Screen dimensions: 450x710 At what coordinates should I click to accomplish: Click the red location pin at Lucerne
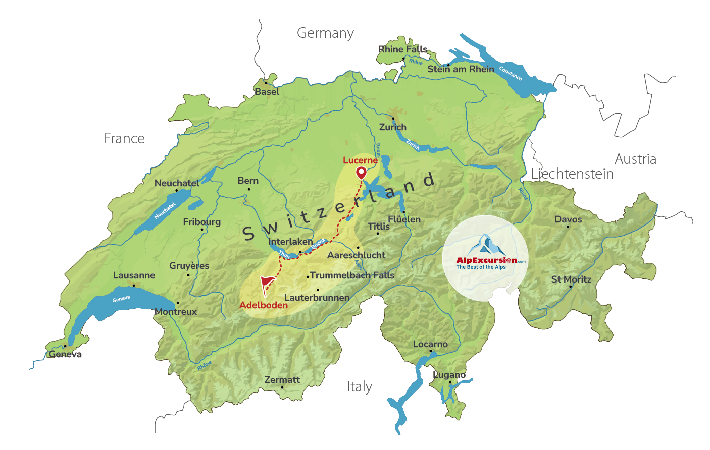pos(361,173)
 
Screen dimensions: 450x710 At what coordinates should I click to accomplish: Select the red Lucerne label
pos(360,160)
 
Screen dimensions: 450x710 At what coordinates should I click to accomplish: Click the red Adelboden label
pos(263,305)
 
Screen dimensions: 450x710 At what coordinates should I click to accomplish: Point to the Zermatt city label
pos(282,380)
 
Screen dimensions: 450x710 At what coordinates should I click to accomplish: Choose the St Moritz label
pos(571,279)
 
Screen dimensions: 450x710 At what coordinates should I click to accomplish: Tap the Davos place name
pos(568,219)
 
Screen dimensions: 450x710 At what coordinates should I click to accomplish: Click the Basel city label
pos(267,92)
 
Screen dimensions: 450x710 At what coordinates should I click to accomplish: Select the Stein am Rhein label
pos(461,69)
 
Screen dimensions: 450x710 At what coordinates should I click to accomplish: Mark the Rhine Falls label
pos(402,49)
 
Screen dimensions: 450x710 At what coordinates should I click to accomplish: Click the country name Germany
pos(325,33)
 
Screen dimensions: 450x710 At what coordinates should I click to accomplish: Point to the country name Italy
pos(359,387)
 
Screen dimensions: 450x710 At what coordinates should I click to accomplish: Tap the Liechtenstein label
pos(572,174)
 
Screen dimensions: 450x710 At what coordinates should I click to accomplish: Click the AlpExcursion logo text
pos(486,260)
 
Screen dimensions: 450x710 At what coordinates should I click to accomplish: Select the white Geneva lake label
pos(121,299)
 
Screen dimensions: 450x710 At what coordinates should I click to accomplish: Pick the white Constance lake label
pos(510,74)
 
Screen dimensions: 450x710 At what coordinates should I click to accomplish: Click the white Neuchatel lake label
pos(165,211)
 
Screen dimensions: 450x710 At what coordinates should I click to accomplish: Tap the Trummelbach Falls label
pos(352,275)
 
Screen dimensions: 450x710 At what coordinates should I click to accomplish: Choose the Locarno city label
pos(430,344)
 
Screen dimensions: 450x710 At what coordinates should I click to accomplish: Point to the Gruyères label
pos(189,266)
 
